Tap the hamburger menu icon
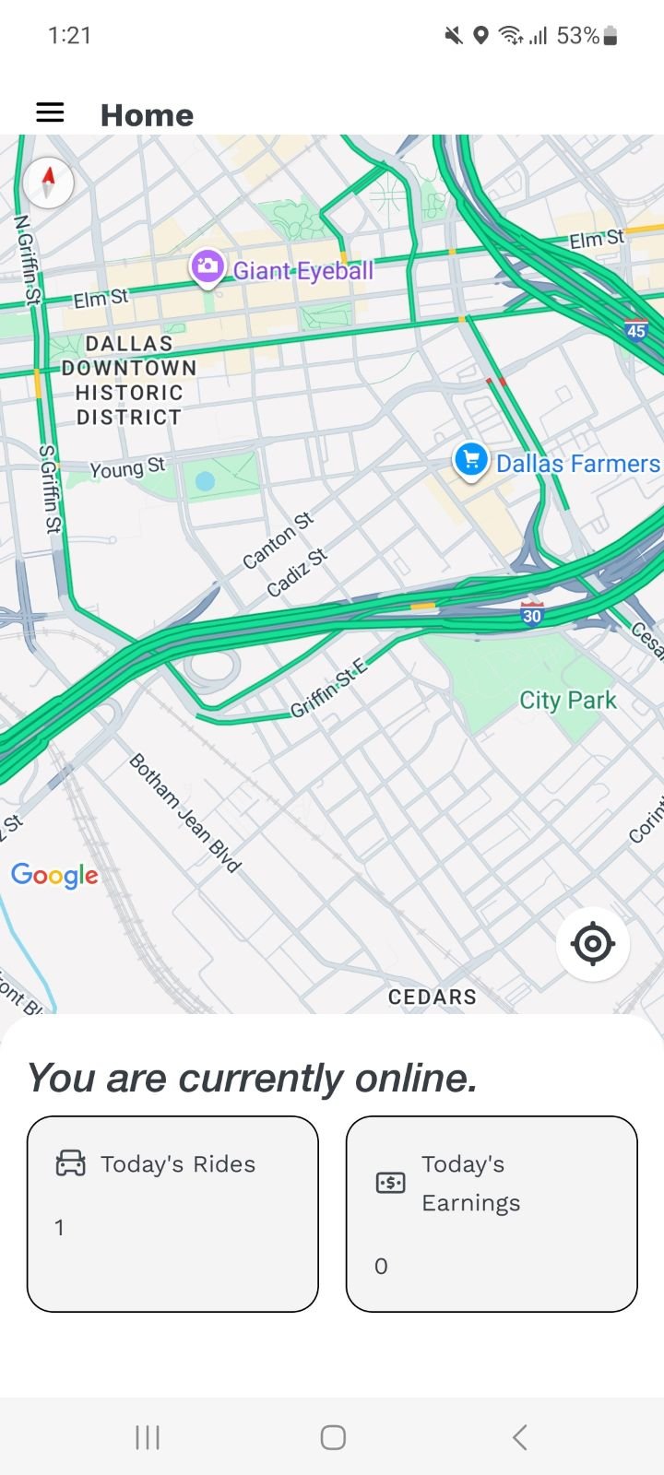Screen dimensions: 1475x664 click(50, 112)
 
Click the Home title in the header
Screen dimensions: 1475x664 click(147, 115)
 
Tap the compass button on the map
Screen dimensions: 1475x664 click(48, 182)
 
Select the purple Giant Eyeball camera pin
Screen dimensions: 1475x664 click(207, 267)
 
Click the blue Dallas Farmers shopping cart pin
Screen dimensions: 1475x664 click(470, 459)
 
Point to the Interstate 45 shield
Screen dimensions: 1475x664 click(635, 331)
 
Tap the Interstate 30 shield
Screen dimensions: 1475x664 click(531, 615)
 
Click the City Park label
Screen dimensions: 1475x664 click(567, 701)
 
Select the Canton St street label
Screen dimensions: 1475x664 click(278, 540)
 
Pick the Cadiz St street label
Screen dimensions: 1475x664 click(297, 572)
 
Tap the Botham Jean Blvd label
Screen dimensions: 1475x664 click(184, 812)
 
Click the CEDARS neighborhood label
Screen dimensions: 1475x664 click(432, 997)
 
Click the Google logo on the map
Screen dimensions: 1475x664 click(54, 875)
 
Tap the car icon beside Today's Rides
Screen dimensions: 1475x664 click(71, 1163)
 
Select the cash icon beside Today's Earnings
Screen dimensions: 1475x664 click(390, 1183)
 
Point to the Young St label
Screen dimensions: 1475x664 click(127, 468)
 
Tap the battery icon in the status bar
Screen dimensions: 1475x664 click(610, 36)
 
